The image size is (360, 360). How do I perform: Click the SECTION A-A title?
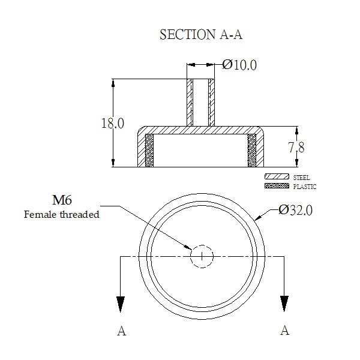[201, 35]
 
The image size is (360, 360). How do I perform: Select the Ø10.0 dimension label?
[239, 65]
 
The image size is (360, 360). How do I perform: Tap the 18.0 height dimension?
[113, 123]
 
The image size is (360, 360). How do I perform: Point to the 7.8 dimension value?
[296, 147]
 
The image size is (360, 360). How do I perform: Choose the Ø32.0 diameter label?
[295, 210]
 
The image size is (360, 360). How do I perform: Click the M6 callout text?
[62, 200]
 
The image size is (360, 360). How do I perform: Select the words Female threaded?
[62, 214]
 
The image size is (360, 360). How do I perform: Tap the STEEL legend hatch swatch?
[277, 176]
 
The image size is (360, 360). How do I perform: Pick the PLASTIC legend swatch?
[277, 186]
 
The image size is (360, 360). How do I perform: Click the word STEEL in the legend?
[301, 178]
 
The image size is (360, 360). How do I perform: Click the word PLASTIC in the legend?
[305, 187]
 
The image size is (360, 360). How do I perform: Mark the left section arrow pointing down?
[121, 304]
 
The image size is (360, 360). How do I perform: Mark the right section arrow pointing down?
[284, 304]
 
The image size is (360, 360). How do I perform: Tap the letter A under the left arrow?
[122, 331]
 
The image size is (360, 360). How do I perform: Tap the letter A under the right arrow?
[284, 331]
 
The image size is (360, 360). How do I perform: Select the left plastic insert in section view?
[149, 151]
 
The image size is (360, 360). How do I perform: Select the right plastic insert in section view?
[252, 151]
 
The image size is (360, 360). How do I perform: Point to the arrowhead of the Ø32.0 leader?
[258, 218]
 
